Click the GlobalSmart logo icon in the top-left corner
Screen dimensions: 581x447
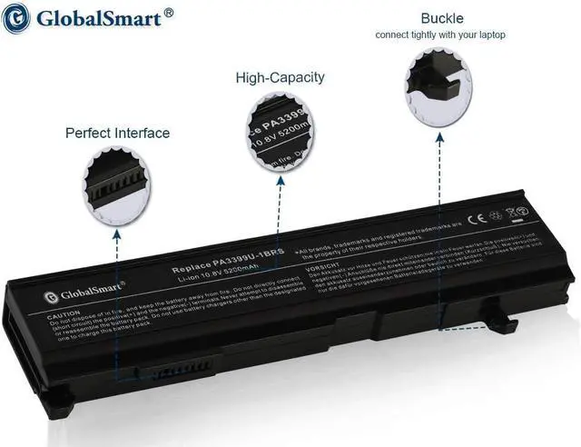pyautogui.click(x=16, y=18)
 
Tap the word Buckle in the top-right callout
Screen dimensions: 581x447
pyautogui.click(x=441, y=18)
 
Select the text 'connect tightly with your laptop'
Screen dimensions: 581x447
pyautogui.click(x=441, y=35)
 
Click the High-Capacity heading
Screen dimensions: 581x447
pyautogui.click(x=280, y=78)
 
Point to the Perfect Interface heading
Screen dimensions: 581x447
pyautogui.click(x=117, y=133)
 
